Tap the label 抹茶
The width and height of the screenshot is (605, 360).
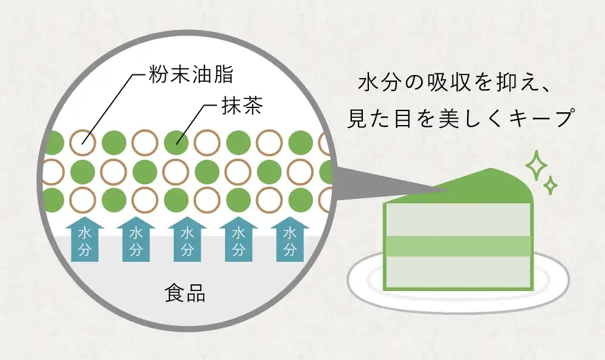[x=241, y=109]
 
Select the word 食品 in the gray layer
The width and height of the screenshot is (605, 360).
[x=185, y=294]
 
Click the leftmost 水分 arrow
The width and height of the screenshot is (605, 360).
[x=84, y=240]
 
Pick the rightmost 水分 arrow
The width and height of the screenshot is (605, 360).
[x=290, y=240]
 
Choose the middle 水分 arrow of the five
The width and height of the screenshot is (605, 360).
[x=187, y=240]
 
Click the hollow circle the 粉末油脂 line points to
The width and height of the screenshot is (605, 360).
[x=82, y=143]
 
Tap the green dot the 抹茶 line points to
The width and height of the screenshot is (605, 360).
[x=176, y=143]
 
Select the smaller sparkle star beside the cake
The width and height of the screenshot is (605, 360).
[x=551, y=184]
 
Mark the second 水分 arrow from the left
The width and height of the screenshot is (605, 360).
[x=136, y=240]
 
